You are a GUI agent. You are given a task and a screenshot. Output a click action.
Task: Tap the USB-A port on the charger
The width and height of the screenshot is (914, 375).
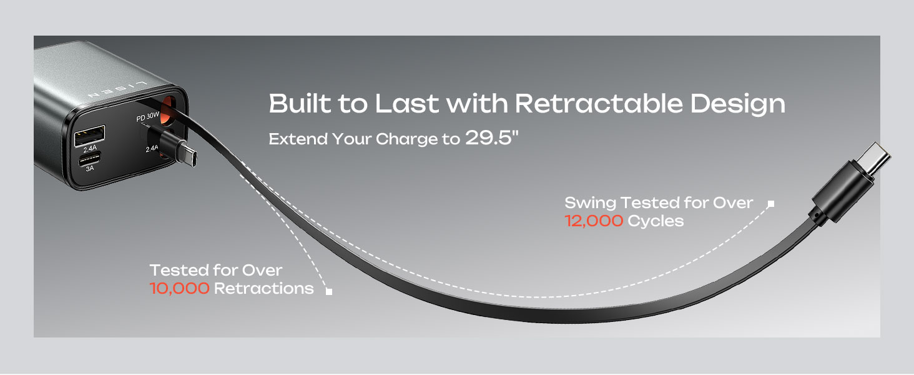[x=89, y=135]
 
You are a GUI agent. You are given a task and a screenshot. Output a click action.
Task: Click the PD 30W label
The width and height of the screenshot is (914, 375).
[x=149, y=118]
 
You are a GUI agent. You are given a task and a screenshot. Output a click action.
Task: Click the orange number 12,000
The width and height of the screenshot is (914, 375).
[x=594, y=221]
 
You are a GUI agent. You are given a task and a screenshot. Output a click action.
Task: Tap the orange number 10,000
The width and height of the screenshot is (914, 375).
[x=179, y=288]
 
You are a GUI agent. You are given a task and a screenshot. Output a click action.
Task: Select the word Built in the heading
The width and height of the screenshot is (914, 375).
[x=300, y=104]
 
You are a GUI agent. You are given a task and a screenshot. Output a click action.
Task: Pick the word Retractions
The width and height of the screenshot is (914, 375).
[x=263, y=288]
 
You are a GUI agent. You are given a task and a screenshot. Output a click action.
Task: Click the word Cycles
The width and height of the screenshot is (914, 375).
[x=656, y=221]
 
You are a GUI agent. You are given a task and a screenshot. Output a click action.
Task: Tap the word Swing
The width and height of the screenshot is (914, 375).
[x=590, y=202]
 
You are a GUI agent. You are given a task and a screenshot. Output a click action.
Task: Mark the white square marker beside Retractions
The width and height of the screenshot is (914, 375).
[x=329, y=291]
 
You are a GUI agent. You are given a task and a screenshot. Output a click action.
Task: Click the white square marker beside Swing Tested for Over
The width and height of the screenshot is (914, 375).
[x=771, y=203]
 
